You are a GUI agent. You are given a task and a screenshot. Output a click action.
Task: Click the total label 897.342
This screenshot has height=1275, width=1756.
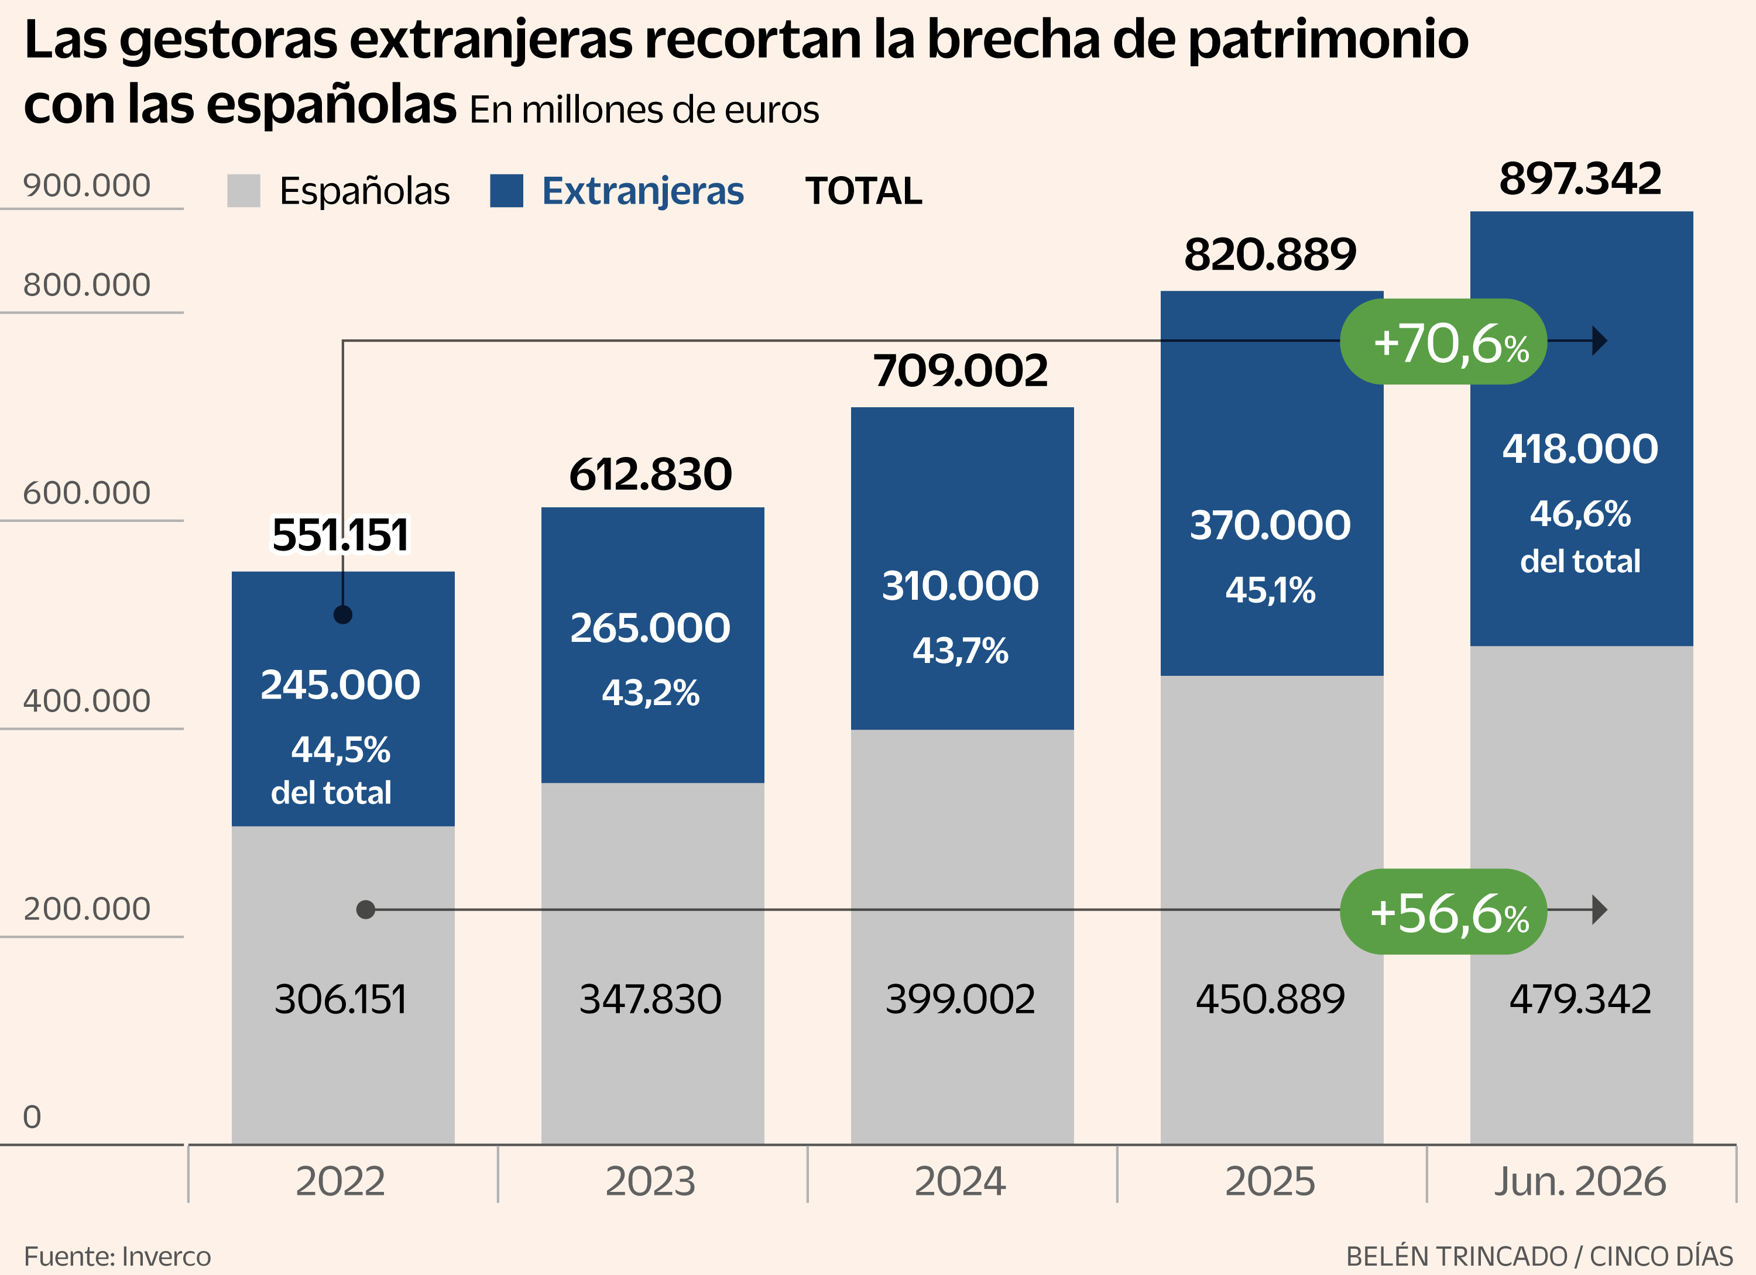click(x=1580, y=179)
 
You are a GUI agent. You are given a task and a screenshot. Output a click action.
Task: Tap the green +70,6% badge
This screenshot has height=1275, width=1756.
click(x=1443, y=341)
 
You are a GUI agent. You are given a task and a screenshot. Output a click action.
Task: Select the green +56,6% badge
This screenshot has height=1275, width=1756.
click(x=1443, y=911)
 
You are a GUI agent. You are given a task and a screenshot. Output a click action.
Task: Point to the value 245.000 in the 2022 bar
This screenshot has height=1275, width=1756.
click(x=341, y=685)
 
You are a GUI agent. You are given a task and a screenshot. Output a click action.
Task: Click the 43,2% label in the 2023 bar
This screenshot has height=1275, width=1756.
click(x=650, y=693)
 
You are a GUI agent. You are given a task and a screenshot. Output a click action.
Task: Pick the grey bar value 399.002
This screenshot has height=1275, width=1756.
click(x=960, y=999)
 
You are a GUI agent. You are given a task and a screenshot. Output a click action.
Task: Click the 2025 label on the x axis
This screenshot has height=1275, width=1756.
click(x=1270, y=1181)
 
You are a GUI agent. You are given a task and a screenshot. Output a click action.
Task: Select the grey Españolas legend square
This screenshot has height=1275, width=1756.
click(x=244, y=190)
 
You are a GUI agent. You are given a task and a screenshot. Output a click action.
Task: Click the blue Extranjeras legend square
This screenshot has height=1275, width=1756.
click(x=506, y=190)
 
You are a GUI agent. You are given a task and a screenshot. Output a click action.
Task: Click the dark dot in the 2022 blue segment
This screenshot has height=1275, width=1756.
click(x=343, y=614)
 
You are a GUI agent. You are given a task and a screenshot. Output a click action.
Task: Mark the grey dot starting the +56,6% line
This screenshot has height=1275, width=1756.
click(x=365, y=910)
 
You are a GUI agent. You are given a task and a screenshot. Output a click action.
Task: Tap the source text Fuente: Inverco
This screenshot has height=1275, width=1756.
click(x=118, y=1256)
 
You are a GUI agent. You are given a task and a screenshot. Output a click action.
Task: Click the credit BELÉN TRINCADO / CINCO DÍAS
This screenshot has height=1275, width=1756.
click(x=1540, y=1256)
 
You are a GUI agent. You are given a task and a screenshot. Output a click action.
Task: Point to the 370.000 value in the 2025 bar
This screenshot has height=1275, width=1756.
click(x=1270, y=525)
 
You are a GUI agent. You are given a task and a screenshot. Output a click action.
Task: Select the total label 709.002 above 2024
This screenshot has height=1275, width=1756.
click(x=960, y=371)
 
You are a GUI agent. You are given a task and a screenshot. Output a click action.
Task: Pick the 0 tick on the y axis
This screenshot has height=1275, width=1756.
click(x=32, y=1117)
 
